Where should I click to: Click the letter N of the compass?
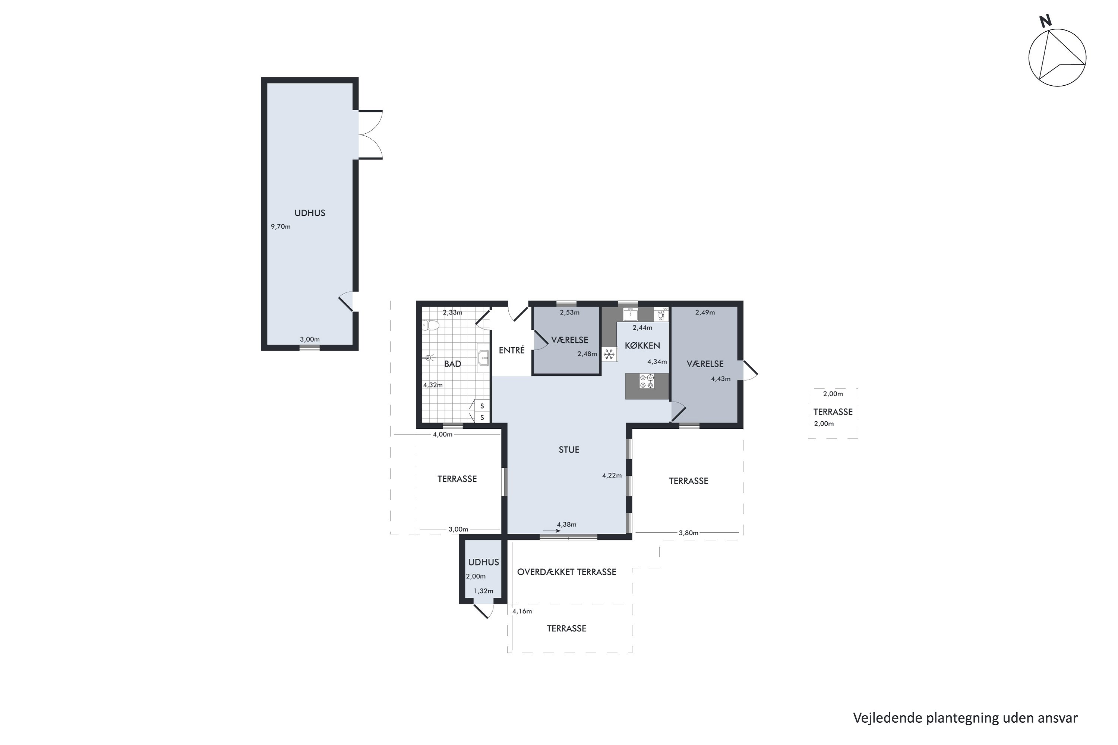click(x=1045, y=21)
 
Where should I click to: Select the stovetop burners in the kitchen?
click(x=647, y=381)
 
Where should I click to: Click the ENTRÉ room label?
click(x=512, y=350)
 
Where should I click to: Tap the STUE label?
click(x=569, y=450)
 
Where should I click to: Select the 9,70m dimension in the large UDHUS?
click(x=281, y=226)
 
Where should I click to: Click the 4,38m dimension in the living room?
click(x=566, y=524)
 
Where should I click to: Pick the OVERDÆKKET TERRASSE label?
click(x=566, y=572)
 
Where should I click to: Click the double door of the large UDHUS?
click(x=371, y=134)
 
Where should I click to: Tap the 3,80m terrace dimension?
click(x=688, y=533)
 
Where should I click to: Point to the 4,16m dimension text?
click(x=522, y=612)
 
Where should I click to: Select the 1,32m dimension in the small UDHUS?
click(x=483, y=591)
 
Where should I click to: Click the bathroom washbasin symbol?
click(x=483, y=357)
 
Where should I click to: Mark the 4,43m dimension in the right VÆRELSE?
click(x=721, y=379)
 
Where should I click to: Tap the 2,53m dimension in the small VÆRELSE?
click(x=569, y=313)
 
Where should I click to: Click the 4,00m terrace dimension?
click(x=443, y=434)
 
